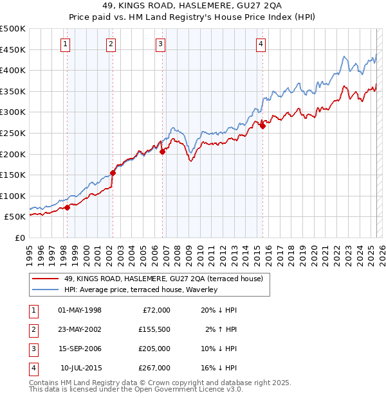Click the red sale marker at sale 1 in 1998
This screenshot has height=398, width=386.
[x=67, y=207]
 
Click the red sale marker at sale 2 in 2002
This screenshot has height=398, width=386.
[x=113, y=173]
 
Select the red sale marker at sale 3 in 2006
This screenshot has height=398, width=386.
[x=162, y=152]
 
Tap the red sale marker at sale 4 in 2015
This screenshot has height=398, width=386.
[x=262, y=126]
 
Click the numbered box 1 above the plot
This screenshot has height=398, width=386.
[x=66, y=44]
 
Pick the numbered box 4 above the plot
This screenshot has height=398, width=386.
[x=261, y=44]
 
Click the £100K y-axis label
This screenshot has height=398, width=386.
[x=14, y=196]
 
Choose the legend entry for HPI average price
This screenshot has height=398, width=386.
[x=141, y=290]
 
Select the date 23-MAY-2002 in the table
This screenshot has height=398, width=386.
[x=80, y=329]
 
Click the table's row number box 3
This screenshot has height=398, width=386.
[x=32, y=349]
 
